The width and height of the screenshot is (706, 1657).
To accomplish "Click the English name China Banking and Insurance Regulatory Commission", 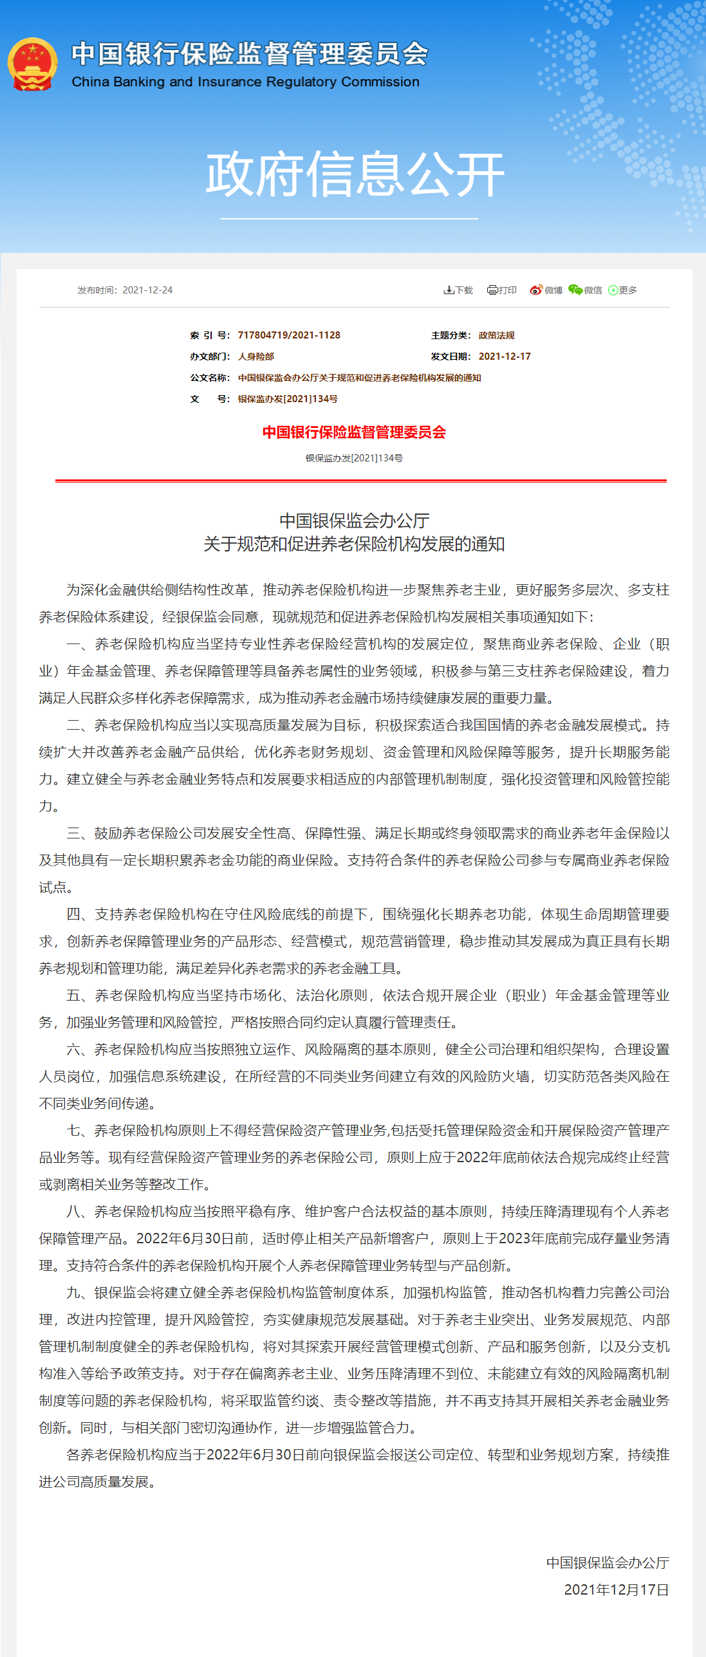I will coord(245,82).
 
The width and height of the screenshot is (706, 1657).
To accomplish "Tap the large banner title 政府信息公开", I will coord(355,174).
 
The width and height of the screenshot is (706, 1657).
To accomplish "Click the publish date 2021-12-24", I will coord(147,290).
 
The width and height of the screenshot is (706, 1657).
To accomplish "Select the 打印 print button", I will coord(502,290).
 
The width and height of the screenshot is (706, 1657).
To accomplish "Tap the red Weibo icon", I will coord(535,290).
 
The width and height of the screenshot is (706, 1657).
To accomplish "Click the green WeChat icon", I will coord(575,290).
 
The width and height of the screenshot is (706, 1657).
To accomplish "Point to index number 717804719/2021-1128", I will coord(289,335).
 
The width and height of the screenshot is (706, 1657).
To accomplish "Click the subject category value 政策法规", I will coord(496,335).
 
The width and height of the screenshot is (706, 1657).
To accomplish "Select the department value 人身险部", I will coord(256,356).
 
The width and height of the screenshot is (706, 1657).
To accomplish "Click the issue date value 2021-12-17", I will coord(505,356).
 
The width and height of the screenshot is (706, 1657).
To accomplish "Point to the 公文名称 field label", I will coord(209,378).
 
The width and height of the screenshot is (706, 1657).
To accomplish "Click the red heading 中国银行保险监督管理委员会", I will coord(354,432).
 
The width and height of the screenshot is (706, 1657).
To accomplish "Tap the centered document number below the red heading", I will coord(354,458).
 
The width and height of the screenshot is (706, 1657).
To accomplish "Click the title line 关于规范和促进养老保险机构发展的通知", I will coord(354,544).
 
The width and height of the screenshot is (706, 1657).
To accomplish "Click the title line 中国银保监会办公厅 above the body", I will coord(354,521).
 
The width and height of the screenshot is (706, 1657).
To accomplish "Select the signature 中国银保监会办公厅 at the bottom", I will coord(608,1563).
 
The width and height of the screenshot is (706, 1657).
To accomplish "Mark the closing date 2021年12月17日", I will coord(617,1590).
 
